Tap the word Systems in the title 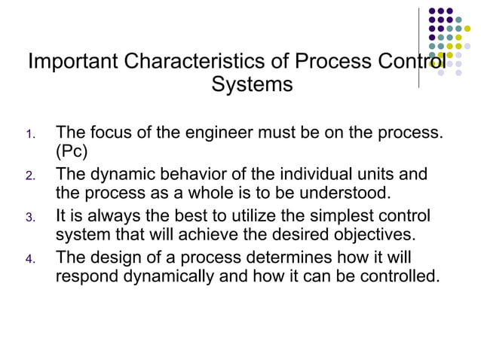252,85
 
